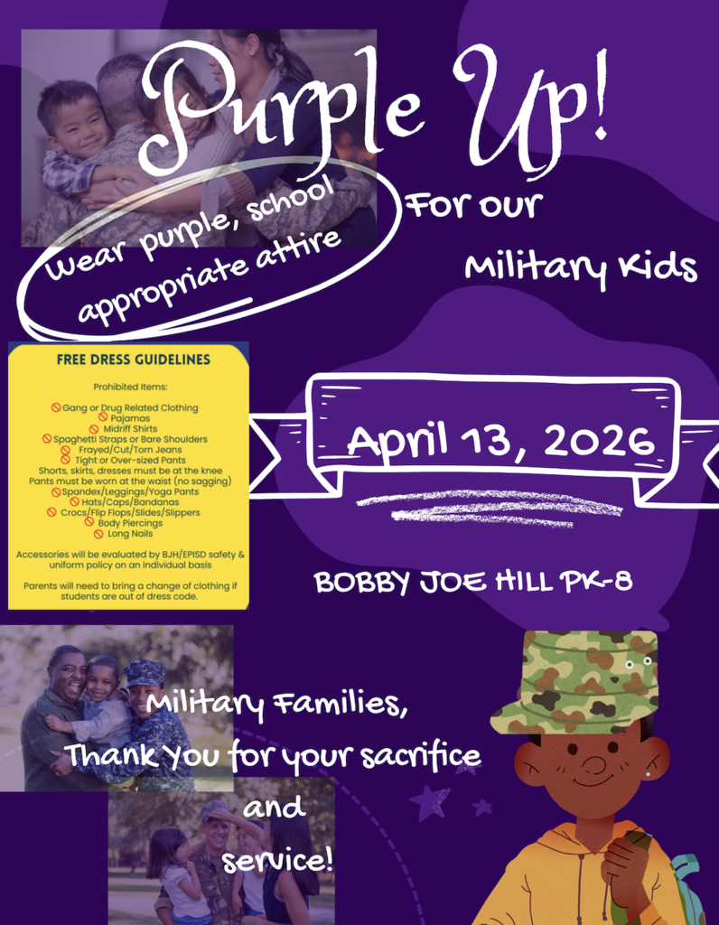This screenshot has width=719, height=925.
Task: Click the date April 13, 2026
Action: click(500, 441)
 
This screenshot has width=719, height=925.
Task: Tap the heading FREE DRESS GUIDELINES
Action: click(133, 360)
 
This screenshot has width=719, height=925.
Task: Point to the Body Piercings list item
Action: click(130, 523)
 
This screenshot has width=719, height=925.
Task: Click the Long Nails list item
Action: click(130, 534)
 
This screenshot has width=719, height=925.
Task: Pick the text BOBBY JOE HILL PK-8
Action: click(472, 582)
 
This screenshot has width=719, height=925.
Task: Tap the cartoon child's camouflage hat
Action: click(575, 678)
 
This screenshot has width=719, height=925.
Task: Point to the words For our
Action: click(472, 207)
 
